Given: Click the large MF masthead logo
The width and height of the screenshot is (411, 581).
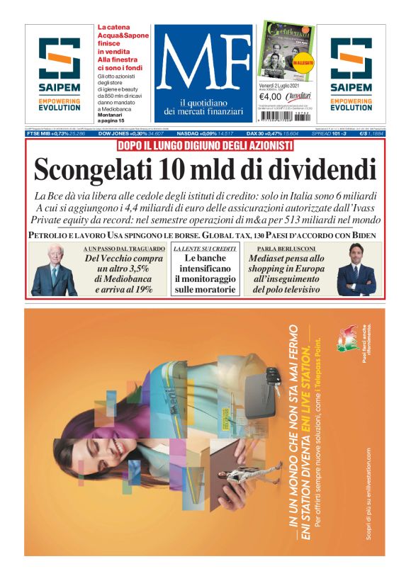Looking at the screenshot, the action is pyautogui.click(x=202, y=64).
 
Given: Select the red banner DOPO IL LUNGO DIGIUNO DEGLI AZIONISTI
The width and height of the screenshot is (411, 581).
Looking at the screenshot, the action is pyautogui.click(x=205, y=145).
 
